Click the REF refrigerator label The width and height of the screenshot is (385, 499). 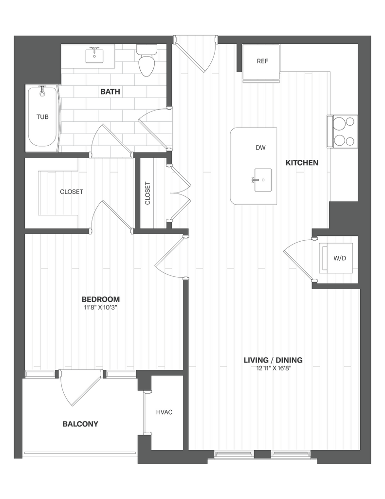click(262, 61)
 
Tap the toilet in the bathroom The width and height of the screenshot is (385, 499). click(146, 61)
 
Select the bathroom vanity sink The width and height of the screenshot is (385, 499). click(94, 56)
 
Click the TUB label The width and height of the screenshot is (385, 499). click(42, 117)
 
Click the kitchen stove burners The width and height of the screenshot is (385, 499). click(345, 132)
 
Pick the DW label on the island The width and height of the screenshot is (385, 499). click(260, 147)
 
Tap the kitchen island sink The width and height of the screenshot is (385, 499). click(262, 180)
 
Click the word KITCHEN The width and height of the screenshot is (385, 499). click(302, 163)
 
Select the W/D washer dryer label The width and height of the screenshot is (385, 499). click(340, 258)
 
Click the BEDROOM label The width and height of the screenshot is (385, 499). click(100, 299)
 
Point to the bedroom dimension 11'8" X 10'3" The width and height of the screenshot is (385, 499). click(100, 307)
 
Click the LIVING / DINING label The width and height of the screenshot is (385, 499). click(273, 360)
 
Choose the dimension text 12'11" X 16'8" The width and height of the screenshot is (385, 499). click(273, 368)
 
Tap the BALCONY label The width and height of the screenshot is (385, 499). click(80, 424)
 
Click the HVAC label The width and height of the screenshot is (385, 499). click(164, 412)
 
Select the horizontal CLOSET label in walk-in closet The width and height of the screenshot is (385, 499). click(72, 192)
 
